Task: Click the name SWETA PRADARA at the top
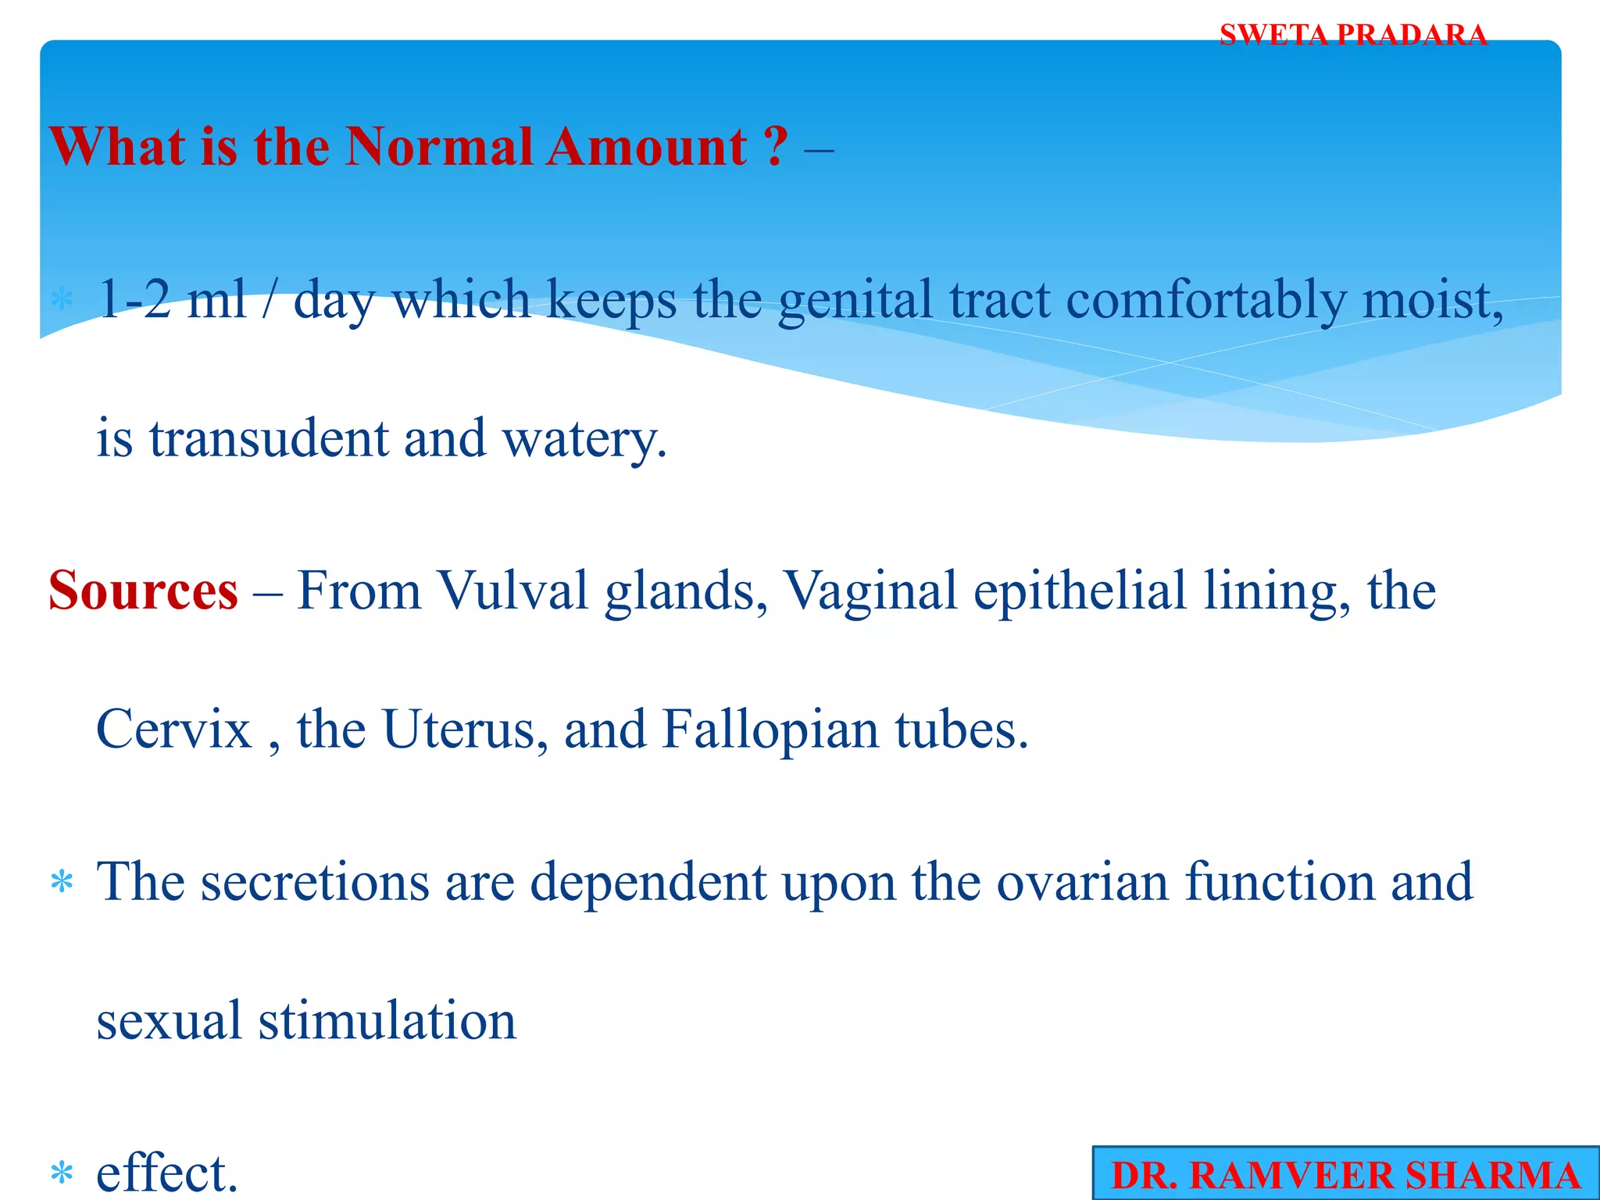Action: [1352, 35]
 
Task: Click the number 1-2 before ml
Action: [134, 299]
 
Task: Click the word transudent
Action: [268, 438]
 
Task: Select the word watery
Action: [584, 440]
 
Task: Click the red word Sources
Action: [143, 591]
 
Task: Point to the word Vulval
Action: [512, 591]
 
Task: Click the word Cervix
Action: [173, 730]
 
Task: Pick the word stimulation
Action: [387, 1021]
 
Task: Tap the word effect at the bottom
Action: [166, 1173]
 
